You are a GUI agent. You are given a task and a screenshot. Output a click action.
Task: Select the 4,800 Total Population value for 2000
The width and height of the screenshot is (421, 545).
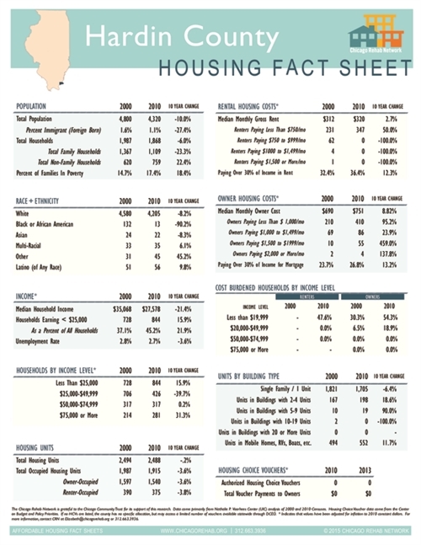[x=124, y=120]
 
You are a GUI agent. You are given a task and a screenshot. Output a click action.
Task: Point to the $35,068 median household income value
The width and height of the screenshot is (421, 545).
[x=123, y=310]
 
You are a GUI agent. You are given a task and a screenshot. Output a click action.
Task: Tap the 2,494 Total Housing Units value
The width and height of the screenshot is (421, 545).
[x=124, y=461]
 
